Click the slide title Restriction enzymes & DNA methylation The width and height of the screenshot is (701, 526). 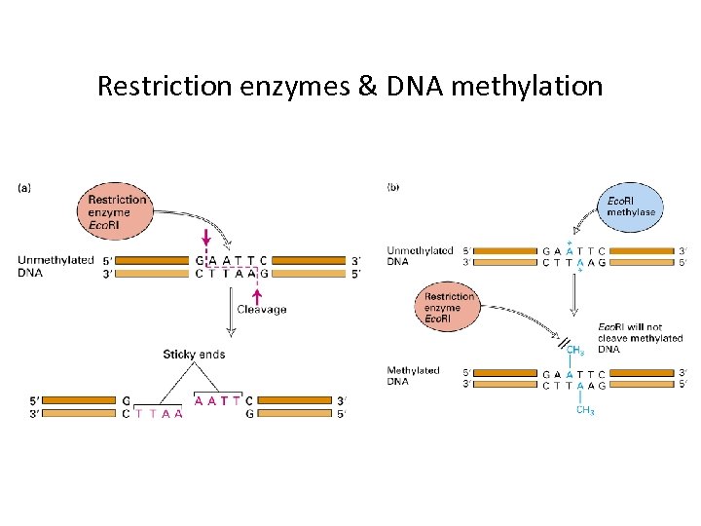click(x=350, y=87)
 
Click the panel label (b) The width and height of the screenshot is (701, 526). click(x=394, y=185)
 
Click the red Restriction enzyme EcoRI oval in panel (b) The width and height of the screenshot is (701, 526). click(x=449, y=308)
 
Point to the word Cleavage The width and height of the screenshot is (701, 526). click(x=263, y=310)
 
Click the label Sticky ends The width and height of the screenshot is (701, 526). click(x=194, y=355)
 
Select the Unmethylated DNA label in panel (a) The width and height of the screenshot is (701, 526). click(x=55, y=266)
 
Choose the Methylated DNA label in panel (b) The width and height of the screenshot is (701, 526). click(x=414, y=376)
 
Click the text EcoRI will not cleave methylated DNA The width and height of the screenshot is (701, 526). click(x=640, y=337)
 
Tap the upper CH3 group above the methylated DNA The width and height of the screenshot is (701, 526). click(x=574, y=349)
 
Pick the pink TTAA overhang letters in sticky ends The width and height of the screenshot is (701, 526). click(x=159, y=413)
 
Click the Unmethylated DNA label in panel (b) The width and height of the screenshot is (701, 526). click(x=420, y=256)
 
